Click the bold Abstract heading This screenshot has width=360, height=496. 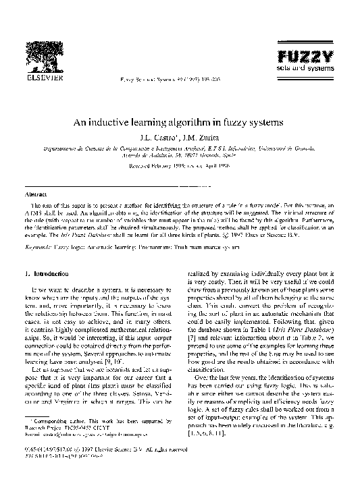(x=37, y=194)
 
